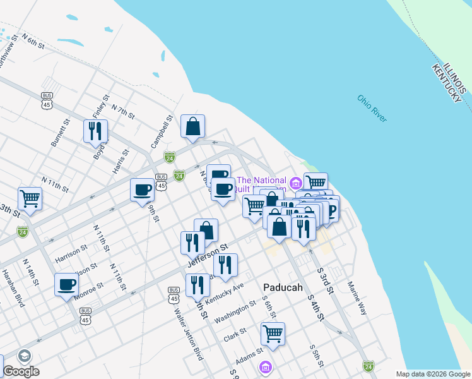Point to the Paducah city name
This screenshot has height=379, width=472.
click(280, 287)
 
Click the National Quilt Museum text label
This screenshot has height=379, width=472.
click(262, 184)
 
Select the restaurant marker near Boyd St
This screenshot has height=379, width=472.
click(95, 131)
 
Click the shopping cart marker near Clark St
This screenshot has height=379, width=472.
click(273, 334)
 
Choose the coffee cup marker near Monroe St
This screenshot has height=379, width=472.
click(66, 284)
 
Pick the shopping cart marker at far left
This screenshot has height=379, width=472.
click(30, 198)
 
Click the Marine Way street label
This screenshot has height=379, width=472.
click(357, 298)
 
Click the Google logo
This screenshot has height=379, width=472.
click(21, 371)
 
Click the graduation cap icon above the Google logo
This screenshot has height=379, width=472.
click(25, 356)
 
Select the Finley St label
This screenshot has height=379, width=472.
click(101, 106)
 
